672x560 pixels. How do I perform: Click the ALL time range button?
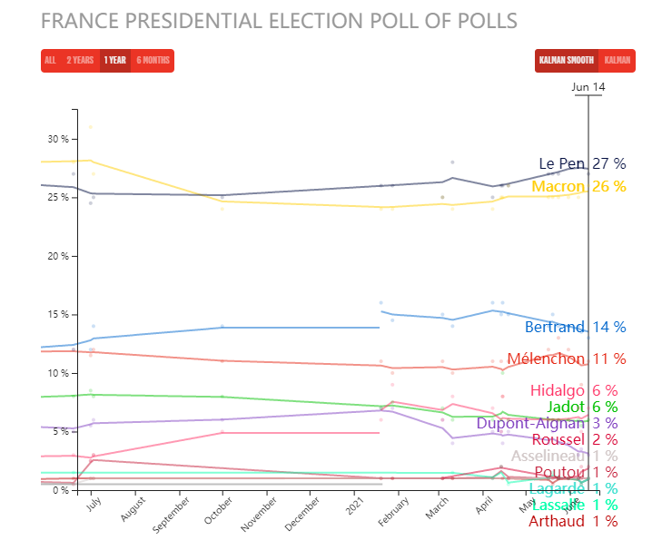click(x=50, y=61)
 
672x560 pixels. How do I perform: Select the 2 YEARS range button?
click(x=80, y=61)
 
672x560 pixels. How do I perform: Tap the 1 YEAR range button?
click(x=115, y=61)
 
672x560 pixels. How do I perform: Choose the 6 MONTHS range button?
click(x=153, y=61)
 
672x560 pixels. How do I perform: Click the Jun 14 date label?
click(x=588, y=87)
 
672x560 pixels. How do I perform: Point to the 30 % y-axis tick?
click(x=59, y=139)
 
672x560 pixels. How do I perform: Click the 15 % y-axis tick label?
click(x=59, y=315)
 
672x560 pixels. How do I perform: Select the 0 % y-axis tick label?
click(x=62, y=490)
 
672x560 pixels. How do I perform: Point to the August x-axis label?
click(x=133, y=515)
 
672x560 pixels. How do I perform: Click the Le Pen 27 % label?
click(x=582, y=164)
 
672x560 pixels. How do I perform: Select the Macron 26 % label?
click(x=578, y=187)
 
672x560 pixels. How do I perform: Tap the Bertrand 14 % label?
click(x=575, y=328)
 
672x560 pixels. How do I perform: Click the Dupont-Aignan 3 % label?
click(x=547, y=423)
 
